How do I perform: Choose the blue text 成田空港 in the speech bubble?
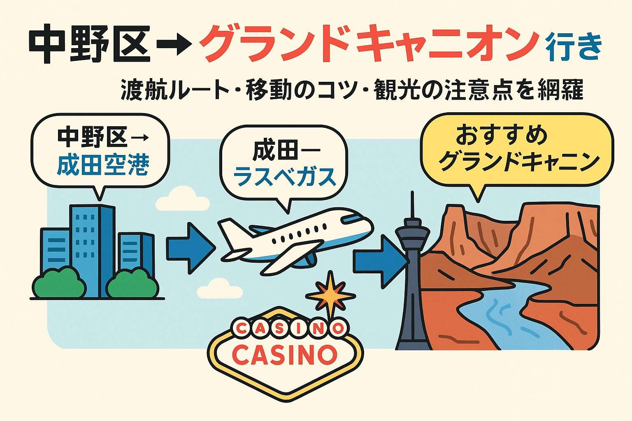coord(103,165)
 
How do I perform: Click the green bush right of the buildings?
coord(132,284)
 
